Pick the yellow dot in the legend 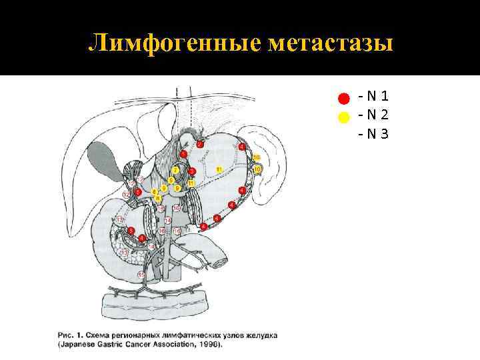pos(343,117)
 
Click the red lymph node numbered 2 pos(199,144)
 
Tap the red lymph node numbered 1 pos(183,154)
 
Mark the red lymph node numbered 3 pos(192,171)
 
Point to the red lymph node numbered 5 pos(138,192)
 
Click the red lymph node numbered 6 pos(131,230)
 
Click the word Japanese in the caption pos(81,345)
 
